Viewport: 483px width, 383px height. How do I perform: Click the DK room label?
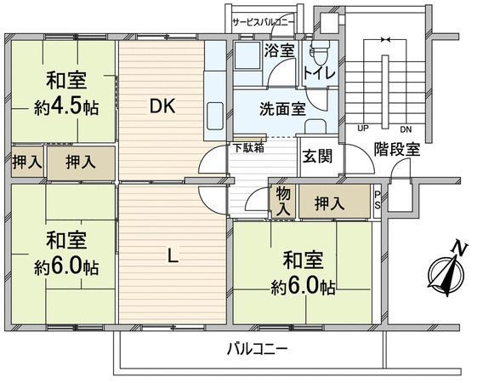[162, 106]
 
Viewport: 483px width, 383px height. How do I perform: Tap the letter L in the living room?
[173, 256]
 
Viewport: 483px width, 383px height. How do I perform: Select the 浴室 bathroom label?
[280, 50]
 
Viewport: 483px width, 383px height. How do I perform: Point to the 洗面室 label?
[282, 109]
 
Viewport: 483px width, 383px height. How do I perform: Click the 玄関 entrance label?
[317, 157]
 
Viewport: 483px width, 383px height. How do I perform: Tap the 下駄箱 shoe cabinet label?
[248, 148]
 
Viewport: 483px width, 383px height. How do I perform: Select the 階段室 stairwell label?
[397, 149]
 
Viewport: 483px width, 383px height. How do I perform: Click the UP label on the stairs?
[363, 129]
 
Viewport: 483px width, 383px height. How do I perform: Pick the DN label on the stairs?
[406, 129]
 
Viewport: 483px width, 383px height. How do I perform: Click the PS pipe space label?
[378, 200]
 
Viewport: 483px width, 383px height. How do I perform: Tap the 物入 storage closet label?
[283, 202]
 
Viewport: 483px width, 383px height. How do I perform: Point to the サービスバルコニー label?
[264, 22]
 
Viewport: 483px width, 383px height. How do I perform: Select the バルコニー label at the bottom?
[258, 350]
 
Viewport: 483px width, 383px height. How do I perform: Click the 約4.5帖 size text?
[66, 107]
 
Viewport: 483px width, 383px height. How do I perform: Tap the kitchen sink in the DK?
[215, 116]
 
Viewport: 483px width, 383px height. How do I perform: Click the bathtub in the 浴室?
[247, 56]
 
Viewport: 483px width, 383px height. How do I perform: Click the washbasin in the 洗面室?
[315, 126]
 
